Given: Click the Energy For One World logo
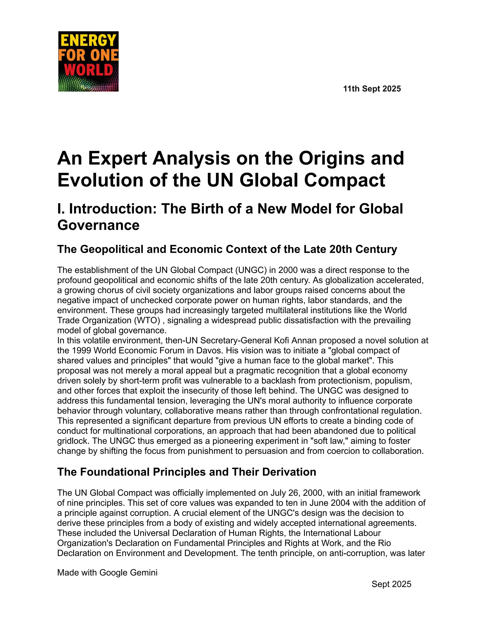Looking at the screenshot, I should (88, 61).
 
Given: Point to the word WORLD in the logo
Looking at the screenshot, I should (88, 70).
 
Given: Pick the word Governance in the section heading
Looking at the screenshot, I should (98, 225).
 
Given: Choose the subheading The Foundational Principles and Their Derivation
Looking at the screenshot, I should (187, 472).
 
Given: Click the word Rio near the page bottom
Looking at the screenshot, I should (385, 543).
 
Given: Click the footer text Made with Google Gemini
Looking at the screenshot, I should (107, 572).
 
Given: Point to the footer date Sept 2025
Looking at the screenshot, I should (391, 584).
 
